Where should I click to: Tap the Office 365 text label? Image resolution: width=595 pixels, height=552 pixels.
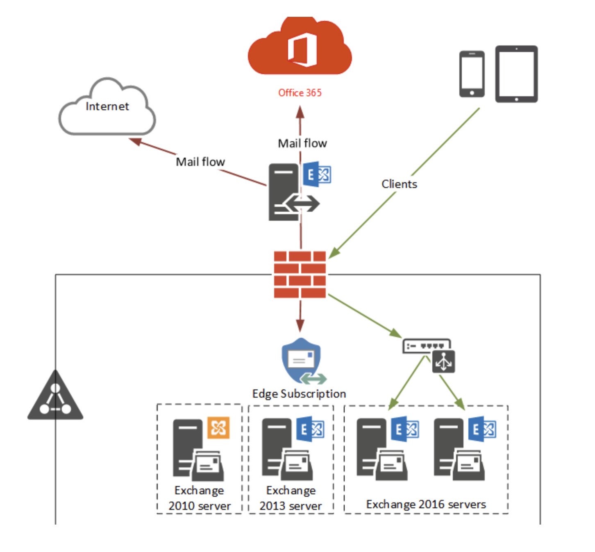300,93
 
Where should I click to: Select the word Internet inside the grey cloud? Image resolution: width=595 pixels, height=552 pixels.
107,106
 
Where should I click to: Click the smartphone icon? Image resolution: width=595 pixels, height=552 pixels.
472,74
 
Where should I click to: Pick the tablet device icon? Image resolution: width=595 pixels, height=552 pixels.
516,74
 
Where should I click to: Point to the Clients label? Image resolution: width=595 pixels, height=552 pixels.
399,184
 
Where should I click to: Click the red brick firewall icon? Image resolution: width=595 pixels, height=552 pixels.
300,274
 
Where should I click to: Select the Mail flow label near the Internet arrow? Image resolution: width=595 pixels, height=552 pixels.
200,162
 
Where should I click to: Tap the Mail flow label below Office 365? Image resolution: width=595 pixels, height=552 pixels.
302,143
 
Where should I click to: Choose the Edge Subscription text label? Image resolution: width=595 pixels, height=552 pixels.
299,394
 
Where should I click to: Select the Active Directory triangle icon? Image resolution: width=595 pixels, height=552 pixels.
55,396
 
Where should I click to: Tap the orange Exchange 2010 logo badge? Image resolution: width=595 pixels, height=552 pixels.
218,428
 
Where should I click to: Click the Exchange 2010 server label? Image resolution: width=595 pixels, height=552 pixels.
200,498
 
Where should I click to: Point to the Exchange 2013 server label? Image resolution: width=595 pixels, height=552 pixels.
291,498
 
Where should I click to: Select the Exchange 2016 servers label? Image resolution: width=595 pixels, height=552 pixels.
426,504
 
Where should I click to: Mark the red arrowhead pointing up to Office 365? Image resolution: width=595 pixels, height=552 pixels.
300,112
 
